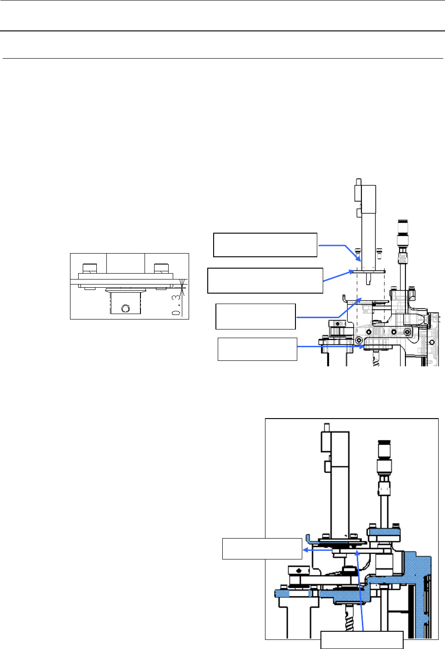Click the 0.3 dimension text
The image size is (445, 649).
pos(177,304)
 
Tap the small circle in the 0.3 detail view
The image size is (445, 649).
pos(125,309)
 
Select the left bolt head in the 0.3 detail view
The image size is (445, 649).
pos(90,268)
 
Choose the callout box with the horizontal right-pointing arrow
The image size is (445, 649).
pos(257,349)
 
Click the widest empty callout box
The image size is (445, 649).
pos(265,280)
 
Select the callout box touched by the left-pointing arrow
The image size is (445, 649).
pos(262,548)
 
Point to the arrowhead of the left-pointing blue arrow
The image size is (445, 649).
pos(305,549)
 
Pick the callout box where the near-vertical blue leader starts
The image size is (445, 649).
pos(362,639)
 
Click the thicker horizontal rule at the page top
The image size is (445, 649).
pos(222,31)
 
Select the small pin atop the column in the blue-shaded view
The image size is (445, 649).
pos(325,428)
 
